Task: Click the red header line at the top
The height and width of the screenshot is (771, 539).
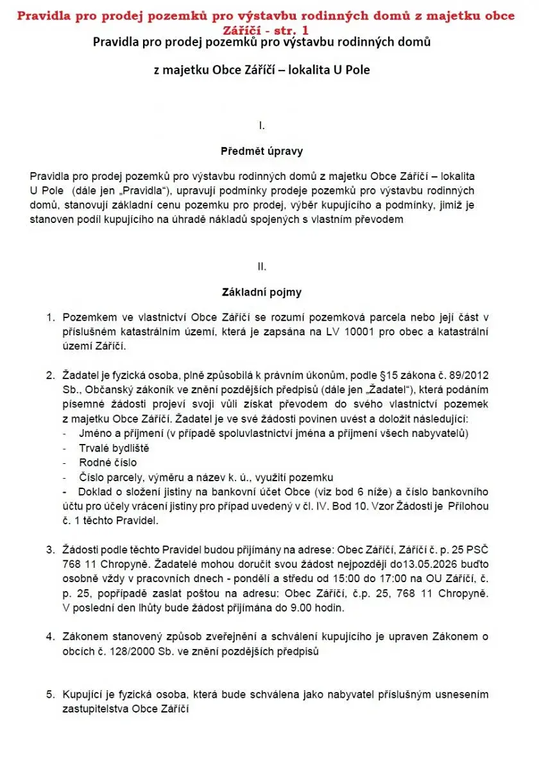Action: pyautogui.click(x=266, y=16)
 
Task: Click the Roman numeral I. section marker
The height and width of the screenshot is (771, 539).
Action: pyautogui.click(x=261, y=125)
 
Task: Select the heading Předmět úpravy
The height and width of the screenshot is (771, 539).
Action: pyautogui.click(x=261, y=152)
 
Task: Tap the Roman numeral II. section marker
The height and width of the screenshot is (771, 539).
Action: pyautogui.click(x=261, y=265)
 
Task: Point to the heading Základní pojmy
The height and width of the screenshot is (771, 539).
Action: pyautogui.click(x=261, y=292)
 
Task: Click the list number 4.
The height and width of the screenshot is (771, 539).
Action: pyautogui.click(x=50, y=637)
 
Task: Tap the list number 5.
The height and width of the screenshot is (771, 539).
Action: pyautogui.click(x=50, y=694)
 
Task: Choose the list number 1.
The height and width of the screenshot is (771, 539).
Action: pyautogui.click(x=50, y=318)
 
